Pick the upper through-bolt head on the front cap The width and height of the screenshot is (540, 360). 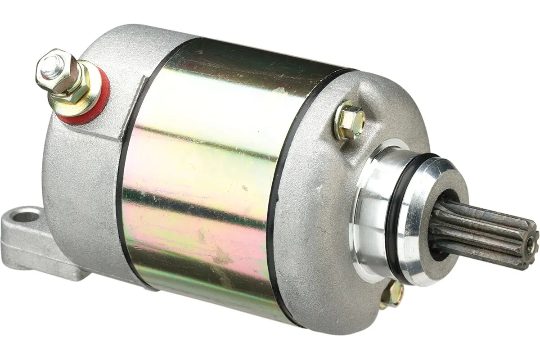(x=350, y=120)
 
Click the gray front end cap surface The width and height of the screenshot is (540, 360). (x=315, y=234)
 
